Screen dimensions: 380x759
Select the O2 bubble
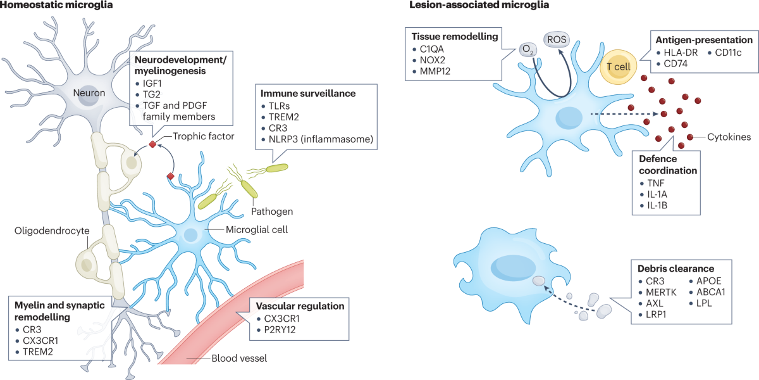tap(528, 49)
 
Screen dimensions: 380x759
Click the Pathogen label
tap(272, 211)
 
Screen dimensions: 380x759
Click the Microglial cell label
tap(257, 230)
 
